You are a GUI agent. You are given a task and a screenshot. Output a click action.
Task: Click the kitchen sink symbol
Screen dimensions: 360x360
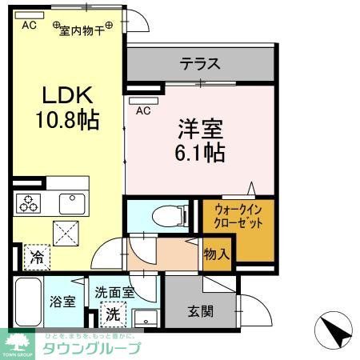coord(72,203)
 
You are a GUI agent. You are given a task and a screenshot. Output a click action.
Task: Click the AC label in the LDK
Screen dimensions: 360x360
coord(29,25)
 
